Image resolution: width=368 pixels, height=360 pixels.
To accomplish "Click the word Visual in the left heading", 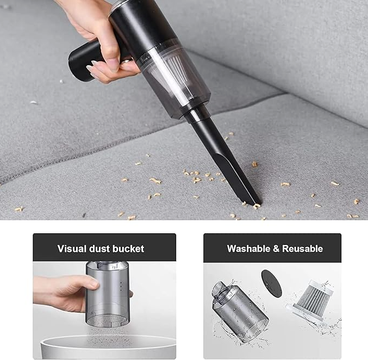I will [x=71, y=249].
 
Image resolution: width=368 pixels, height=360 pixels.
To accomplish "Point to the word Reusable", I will [x=302, y=249].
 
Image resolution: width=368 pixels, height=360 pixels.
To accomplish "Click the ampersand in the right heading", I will [x=276, y=249].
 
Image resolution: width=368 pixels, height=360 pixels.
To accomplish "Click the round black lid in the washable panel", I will [x=272, y=283].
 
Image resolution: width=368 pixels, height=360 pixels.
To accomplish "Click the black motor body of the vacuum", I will [x=136, y=22].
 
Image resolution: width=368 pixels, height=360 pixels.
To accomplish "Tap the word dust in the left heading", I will [x=98, y=249].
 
